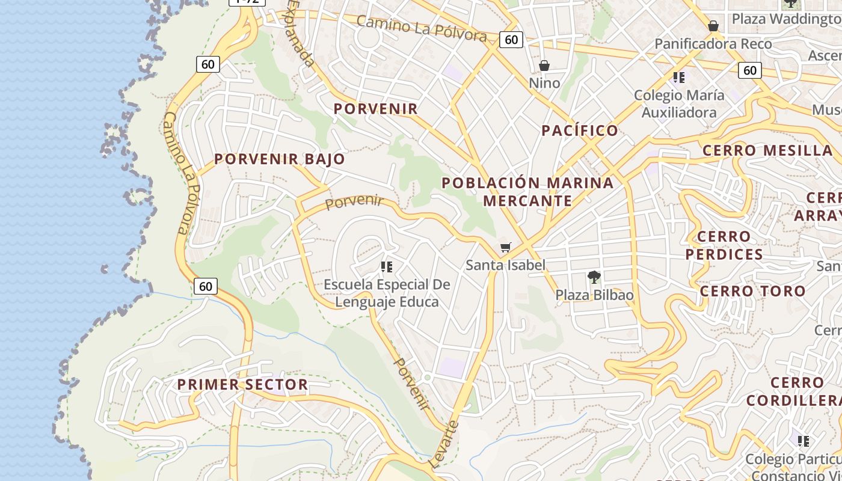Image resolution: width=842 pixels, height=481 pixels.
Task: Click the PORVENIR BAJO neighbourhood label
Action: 280,159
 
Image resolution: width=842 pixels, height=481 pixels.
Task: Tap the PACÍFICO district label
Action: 580,130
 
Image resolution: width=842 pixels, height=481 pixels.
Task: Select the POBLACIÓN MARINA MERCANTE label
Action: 527,191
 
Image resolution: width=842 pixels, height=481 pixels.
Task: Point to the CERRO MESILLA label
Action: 767,150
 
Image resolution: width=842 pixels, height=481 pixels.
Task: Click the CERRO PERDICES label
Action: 724,245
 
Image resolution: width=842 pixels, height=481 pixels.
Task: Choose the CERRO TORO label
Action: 752,291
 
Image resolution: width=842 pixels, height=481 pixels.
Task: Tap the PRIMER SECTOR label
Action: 242,385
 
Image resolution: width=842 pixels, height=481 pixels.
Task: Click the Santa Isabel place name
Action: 506,265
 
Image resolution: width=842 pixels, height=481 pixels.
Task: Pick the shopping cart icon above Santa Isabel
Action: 506,248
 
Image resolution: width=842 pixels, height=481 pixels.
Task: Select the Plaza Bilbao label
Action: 594,295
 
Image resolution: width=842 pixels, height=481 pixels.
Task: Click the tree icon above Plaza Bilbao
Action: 594,277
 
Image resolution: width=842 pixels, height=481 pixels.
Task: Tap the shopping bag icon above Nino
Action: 544,65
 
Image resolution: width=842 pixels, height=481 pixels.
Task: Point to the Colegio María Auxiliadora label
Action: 679,103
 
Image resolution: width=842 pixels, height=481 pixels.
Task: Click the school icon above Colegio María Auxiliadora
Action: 679,77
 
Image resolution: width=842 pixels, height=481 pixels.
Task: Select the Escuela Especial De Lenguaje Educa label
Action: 387,293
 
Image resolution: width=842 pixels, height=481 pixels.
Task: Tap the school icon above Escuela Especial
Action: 387,266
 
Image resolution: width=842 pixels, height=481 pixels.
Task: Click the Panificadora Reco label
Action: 713,44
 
